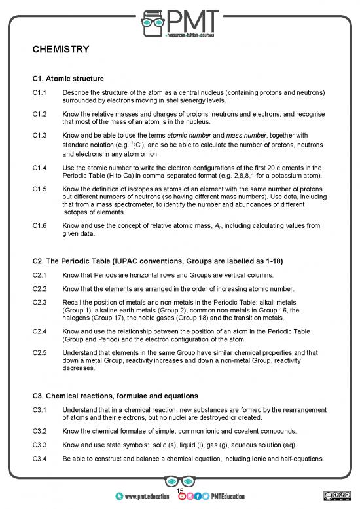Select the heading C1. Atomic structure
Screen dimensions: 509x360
point(69,79)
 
